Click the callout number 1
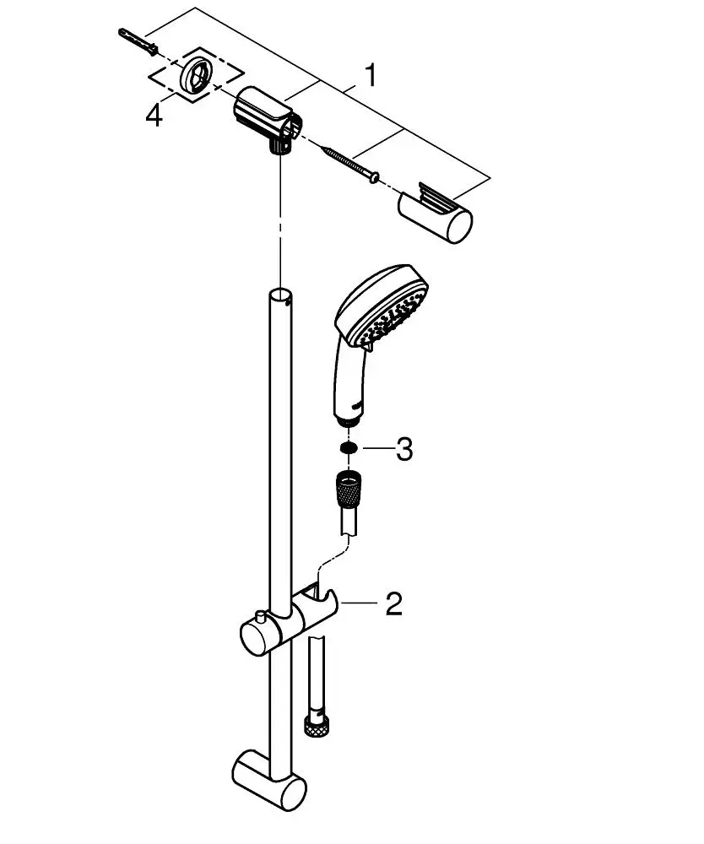click(371, 75)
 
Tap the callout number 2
click(393, 603)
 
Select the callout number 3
click(404, 449)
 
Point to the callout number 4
click(154, 115)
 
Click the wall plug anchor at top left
click(138, 41)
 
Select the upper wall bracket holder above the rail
click(268, 120)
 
